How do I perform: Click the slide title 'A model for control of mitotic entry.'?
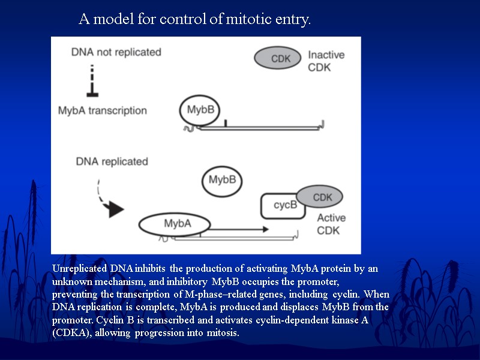[195, 20]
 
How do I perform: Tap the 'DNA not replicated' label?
[116, 52]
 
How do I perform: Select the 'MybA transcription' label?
[102, 110]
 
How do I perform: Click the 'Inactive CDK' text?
[326, 61]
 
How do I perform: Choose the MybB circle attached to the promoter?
[200, 110]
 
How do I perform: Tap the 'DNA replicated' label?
[112, 161]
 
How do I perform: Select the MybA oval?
[175, 224]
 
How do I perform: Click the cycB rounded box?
[284, 206]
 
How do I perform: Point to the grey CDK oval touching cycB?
[321, 197]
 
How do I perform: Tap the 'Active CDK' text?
[331, 224]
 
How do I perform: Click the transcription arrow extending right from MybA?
[240, 229]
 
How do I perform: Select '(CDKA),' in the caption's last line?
[71, 333]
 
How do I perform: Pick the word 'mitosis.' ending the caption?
[222, 333]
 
